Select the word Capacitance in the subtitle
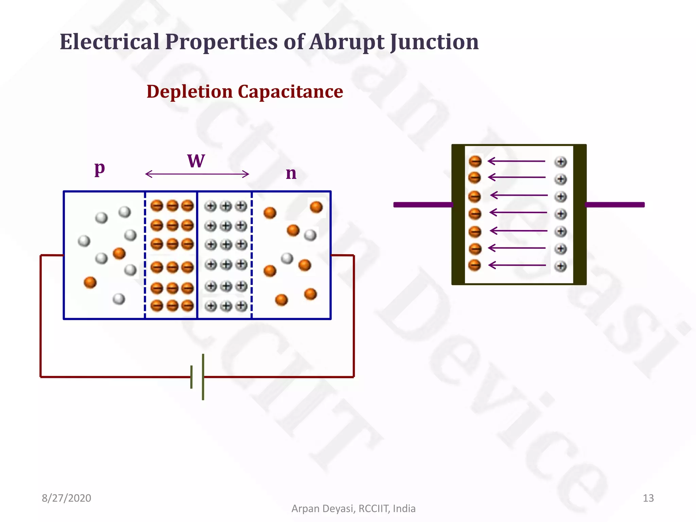click(x=290, y=92)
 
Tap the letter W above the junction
click(x=196, y=161)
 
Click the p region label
click(x=100, y=168)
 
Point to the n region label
click(x=291, y=173)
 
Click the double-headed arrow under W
click(x=197, y=174)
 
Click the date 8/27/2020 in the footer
click(x=66, y=498)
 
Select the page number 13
click(x=648, y=498)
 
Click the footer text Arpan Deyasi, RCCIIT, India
click(x=353, y=508)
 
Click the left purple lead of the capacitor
click(x=423, y=205)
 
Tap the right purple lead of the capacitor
click(x=614, y=205)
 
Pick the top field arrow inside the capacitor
click(x=516, y=161)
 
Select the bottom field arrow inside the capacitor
click(x=517, y=265)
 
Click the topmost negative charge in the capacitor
click(x=475, y=161)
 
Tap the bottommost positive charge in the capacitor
click(x=561, y=266)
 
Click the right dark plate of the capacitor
click(x=580, y=214)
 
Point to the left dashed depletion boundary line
click(x=145, y=255)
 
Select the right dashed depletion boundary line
click(x=251, y=255)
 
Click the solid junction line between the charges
click(x=197, y=255)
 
